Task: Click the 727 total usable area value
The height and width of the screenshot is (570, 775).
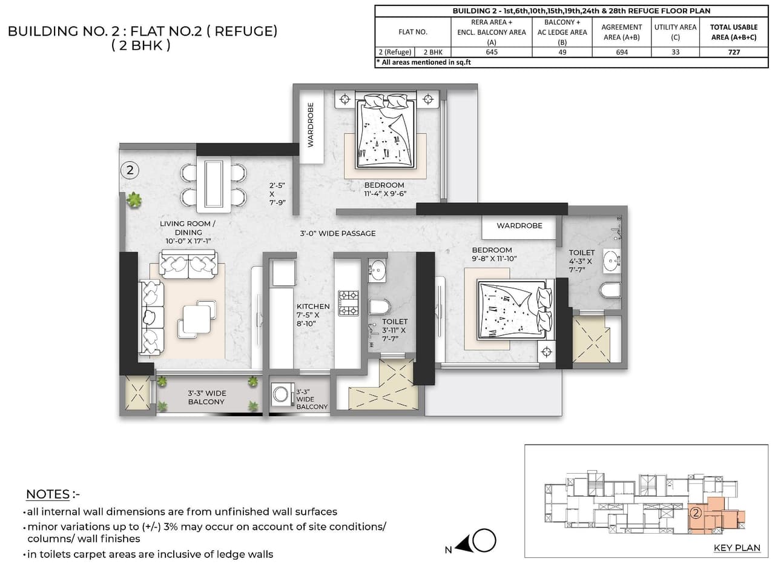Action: (x=733, y=52)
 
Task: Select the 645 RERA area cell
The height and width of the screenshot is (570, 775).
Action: (x=492, y=52)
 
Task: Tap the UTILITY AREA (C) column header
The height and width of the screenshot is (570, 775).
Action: (x=675, y=31)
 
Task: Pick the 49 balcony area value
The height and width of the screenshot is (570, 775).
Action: (x=562, y=52)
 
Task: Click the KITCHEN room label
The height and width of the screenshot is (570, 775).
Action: (x=313, y=307)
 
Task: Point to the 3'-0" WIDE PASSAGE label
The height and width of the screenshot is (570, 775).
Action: (x=337, y=233)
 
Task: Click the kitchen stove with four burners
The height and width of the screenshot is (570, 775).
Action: (x=348, y=303)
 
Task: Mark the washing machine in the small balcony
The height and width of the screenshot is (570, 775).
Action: (x=282, y=394)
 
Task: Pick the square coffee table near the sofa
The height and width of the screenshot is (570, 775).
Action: (x=197, y=319)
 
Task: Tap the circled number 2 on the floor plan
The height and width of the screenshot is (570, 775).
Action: (x=130, y=170)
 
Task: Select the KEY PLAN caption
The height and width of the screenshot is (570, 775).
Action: (x=737, y=548)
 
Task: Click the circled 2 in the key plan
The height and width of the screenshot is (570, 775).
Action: (x=696, y=513)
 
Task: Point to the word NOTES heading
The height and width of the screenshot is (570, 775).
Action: (x=48, y=494)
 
